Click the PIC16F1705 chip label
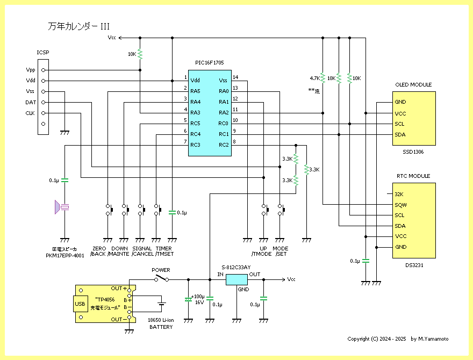[209, 63]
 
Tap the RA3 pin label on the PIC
[195, 113]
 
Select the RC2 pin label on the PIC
[224, 145]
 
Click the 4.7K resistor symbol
[323, 78]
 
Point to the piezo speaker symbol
[61, 207]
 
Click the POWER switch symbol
[162, 278]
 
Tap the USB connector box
[80, 304]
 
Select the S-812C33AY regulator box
[236, 279]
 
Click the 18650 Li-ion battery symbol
[162, 304]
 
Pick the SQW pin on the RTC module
[400, 205]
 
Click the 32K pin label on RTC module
[399, 195]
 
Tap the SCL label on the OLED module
[399, 124]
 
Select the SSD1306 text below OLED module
[413, 152]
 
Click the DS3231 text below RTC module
[414, 265]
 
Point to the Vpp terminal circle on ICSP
[43, 70]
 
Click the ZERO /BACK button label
[98, 251]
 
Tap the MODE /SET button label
[280, 251]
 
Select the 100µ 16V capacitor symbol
[188, 299]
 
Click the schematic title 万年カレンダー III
[78, 26]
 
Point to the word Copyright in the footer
[359, 339]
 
